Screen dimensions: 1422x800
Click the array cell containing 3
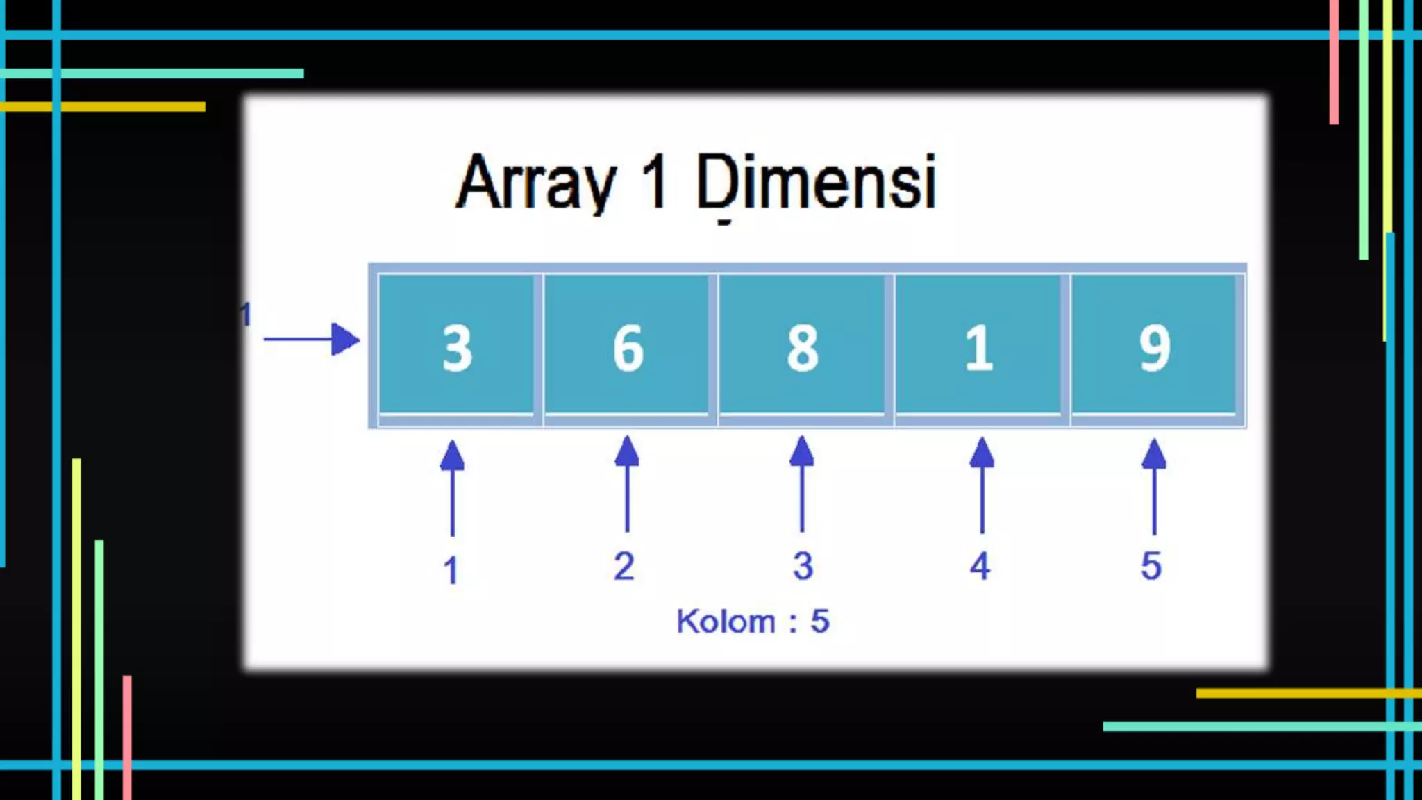click(x=456, y=346)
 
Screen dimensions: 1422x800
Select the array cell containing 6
click(x=627, y=346)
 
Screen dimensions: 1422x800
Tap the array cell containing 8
click(x=802, y=346)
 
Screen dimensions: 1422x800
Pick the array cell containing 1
click(x=978, y=346)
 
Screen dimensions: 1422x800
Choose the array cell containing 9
click(x=1154, y=346)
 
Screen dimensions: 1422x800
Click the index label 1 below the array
click(x=451, y=570)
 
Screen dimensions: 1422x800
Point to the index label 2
click(x=624, y=566)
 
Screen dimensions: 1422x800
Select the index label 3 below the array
click(x=803, y=566)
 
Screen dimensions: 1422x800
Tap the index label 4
click(x=980, y=566)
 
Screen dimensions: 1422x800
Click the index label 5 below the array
click(x=1151, y=566)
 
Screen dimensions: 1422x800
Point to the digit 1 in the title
click(x=655, y=182)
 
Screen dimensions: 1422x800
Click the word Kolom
click(x=726, y=621)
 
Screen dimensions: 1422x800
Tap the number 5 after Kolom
click(x=819, y=621)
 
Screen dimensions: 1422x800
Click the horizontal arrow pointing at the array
click(x=312, y=340)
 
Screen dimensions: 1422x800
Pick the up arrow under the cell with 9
click(x=1154, y=486)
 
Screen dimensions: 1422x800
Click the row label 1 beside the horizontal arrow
click(x=245, y=315)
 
